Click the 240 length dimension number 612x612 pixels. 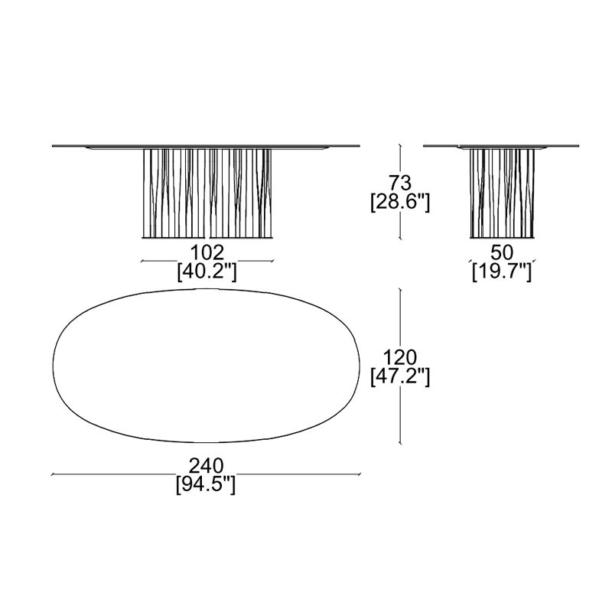tap(206, 466)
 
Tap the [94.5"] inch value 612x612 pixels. tap(206, 485)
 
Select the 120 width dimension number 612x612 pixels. tap(400, 357)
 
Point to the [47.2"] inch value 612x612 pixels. tap(400, 377)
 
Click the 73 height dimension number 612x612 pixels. tap(400, 183)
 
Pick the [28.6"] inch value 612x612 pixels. tap(400, 203)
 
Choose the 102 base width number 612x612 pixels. tap(207, 252)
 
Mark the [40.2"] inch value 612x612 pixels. tap(207, 272)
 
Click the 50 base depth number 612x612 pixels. tap(502, 252)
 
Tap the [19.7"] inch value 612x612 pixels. tap(502, 272)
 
